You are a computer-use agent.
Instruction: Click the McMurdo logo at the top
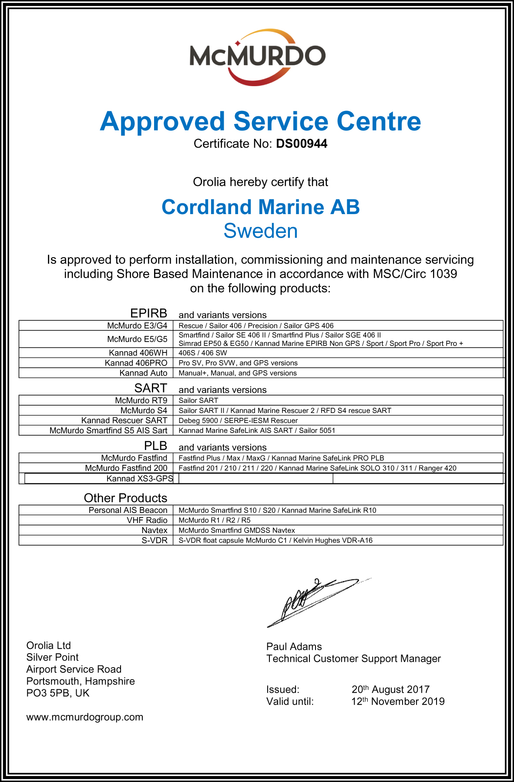(257, 57)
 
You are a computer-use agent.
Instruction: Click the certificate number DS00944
(302, 144)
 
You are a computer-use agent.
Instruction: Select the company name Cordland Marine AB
(260, 207)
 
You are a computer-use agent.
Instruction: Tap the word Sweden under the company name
(260, 231)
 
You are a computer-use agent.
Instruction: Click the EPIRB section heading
(148, 313)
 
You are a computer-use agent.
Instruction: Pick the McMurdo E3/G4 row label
(137, 326)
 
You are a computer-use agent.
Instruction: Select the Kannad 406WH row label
(138, 353)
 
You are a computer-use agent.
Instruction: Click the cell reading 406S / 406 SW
(203, 353)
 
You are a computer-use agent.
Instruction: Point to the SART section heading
(151, 388)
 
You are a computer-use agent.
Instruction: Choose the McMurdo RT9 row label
(141, 400)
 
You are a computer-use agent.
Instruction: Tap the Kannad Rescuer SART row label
(124, 420)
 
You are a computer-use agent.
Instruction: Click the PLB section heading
(155, 446)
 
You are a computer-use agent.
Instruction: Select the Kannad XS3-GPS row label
(139, 479)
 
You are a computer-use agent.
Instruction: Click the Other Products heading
(125, 498)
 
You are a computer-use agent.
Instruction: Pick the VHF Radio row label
(147, 520)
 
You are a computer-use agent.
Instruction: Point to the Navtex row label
(154, 530)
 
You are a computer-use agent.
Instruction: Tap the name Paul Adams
(294, 647)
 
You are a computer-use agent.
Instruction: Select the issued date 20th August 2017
(390, 689)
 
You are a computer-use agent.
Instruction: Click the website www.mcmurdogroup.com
(85, 717)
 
